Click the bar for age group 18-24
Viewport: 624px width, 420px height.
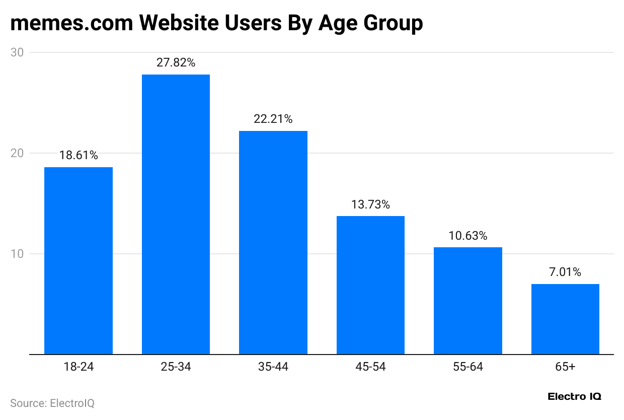[79, 260]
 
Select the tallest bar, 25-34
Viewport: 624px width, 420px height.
[176, 214]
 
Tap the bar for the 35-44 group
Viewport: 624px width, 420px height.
[273, 242]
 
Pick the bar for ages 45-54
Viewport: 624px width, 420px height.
[370, 285]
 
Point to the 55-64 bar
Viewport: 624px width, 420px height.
[467, 301]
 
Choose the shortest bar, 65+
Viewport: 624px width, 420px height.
[565, 319]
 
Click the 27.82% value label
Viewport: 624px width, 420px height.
[176, 63]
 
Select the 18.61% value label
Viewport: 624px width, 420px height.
[79, 156]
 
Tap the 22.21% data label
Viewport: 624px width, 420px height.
[273, 119]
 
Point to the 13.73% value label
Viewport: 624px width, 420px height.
[370, 204]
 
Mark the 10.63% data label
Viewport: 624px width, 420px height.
[467, 236]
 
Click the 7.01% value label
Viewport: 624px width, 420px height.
[565, 272]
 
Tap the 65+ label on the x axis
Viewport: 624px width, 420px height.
[565, 367]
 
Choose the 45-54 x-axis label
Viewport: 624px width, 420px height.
[370, 367]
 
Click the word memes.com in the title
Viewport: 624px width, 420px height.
[71, 24]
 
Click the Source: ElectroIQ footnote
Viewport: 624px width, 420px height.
[52, 403]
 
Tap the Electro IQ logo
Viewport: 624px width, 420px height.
[574, 396]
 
